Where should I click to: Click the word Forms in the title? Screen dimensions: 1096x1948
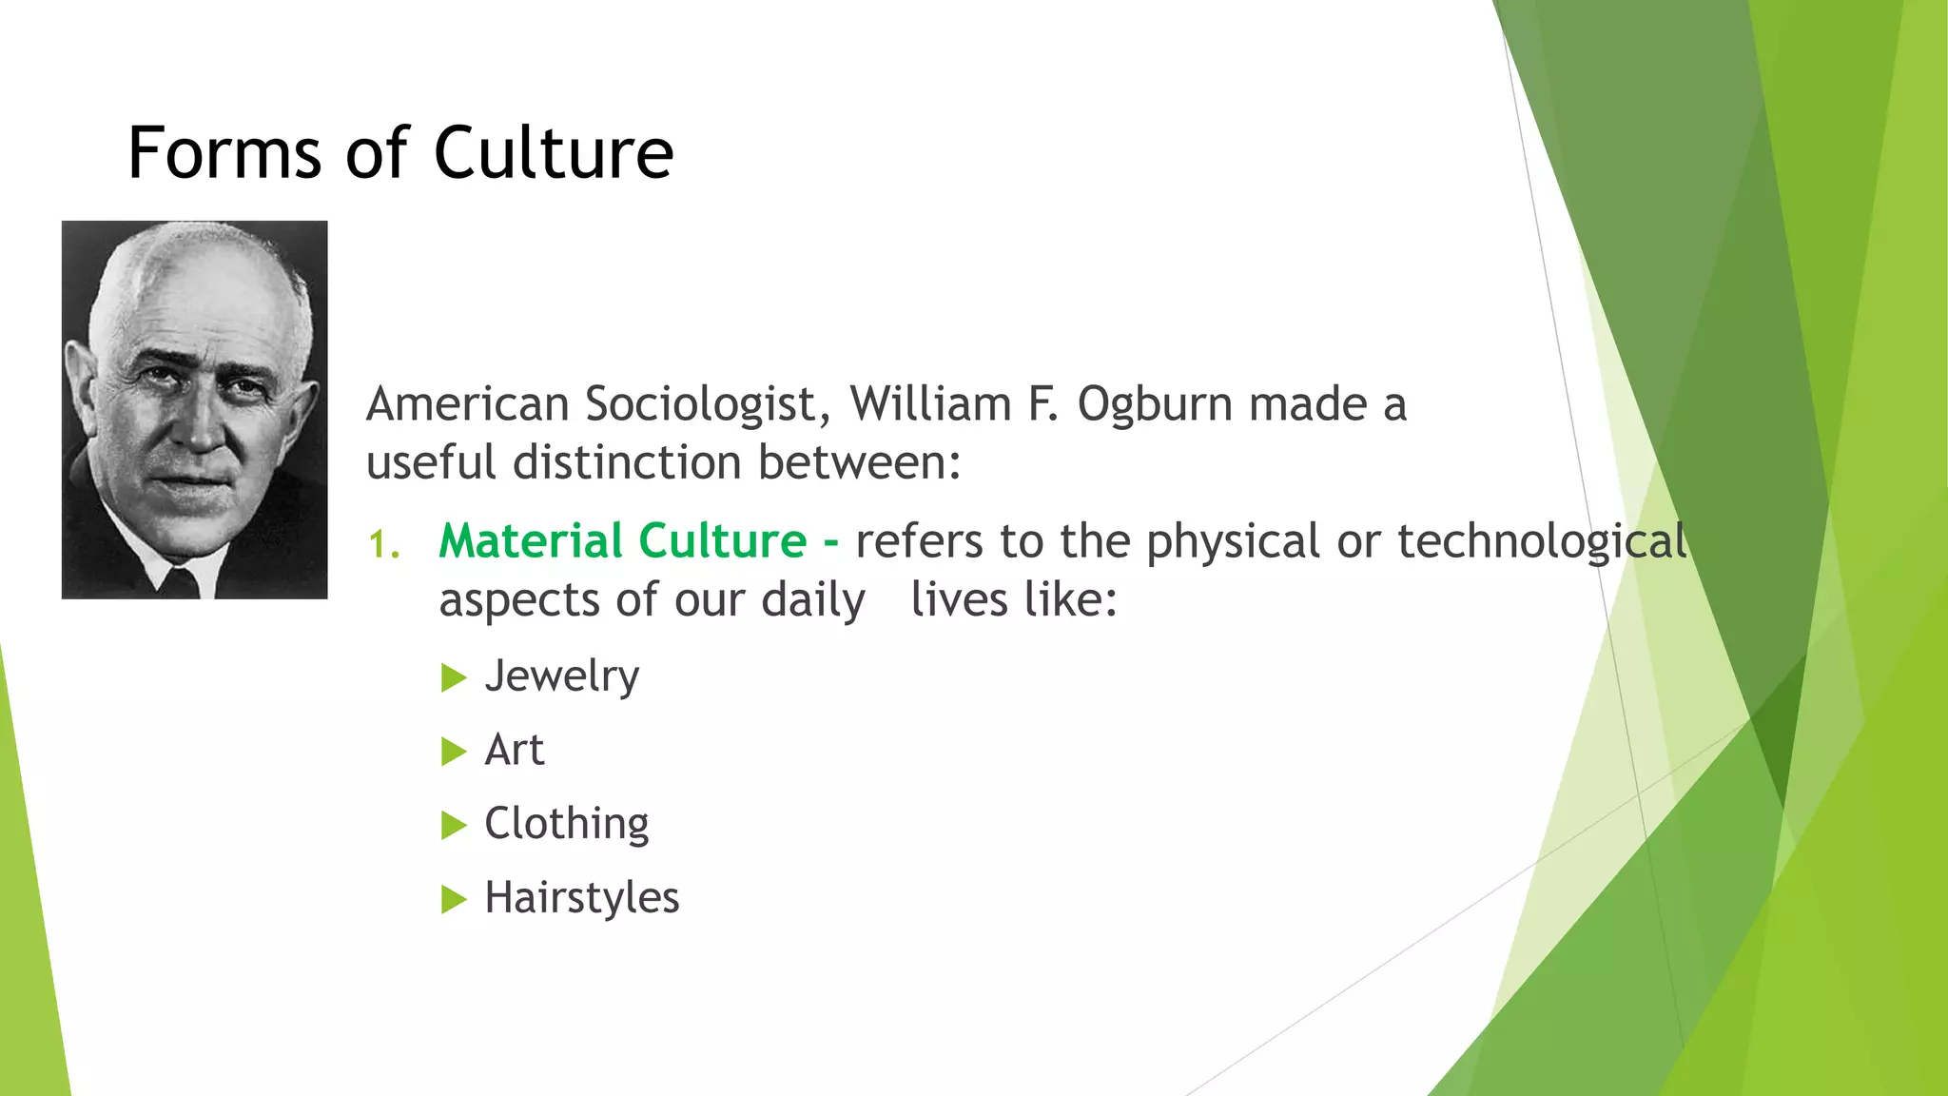(224, 153)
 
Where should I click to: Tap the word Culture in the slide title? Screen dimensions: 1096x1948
(554, 153)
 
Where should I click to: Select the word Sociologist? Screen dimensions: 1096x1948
(700, 405)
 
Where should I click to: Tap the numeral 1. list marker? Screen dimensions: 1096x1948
(384, 545)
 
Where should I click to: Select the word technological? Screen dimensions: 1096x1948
(1542, 542)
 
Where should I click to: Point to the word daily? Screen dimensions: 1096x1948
(813, 600)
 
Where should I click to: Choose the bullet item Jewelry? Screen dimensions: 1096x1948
(561, 676)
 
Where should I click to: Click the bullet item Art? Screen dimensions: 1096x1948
(514, 750)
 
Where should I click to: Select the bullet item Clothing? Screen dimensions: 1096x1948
(566, 824)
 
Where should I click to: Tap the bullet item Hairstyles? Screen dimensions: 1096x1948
(581, 898)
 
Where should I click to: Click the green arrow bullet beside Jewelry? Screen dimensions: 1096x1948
(454, 678)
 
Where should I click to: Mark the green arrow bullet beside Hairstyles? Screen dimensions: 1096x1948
(454, 899)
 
